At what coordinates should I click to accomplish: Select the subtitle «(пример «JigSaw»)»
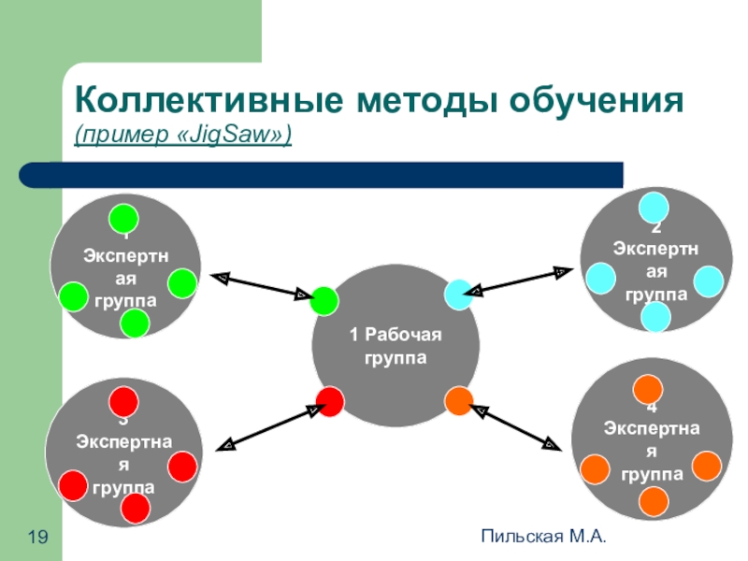[183, 137]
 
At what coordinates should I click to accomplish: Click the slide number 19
[37, 536]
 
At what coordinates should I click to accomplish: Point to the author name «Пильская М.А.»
[543, 536]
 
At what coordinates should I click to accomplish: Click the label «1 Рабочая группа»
[395, 346]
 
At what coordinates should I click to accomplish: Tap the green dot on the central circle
[324, 301]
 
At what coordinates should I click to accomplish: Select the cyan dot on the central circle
[459, 295]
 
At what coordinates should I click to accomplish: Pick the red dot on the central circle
[330, 401]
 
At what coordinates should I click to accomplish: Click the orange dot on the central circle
[459, 401]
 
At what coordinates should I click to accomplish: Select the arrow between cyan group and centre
[519, 280]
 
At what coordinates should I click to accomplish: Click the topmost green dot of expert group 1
[122, 218]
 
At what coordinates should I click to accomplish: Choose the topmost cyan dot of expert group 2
[653, 208]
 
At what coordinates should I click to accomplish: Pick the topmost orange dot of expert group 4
[648, 389]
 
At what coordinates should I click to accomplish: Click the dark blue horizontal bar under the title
[323, 175]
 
